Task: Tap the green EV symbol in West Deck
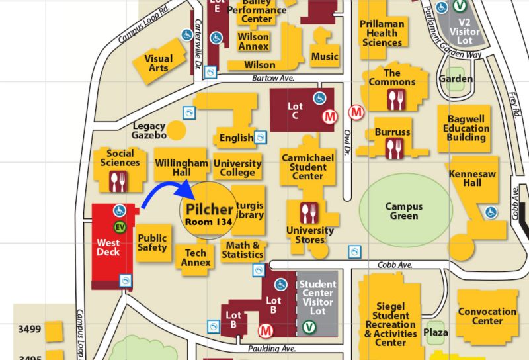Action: pos(120,227)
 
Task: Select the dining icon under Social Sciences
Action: pos(119,180)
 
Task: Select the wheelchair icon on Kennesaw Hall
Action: pos(491,212)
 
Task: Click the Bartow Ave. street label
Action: pos(272,78)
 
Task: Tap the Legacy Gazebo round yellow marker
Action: pos(176,130)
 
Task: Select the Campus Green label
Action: pos(403,211)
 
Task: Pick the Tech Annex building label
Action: pos(196,257)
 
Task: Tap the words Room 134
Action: pos(208,222)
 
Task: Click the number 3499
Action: pos(30,329)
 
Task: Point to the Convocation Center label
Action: pos(487,316)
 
